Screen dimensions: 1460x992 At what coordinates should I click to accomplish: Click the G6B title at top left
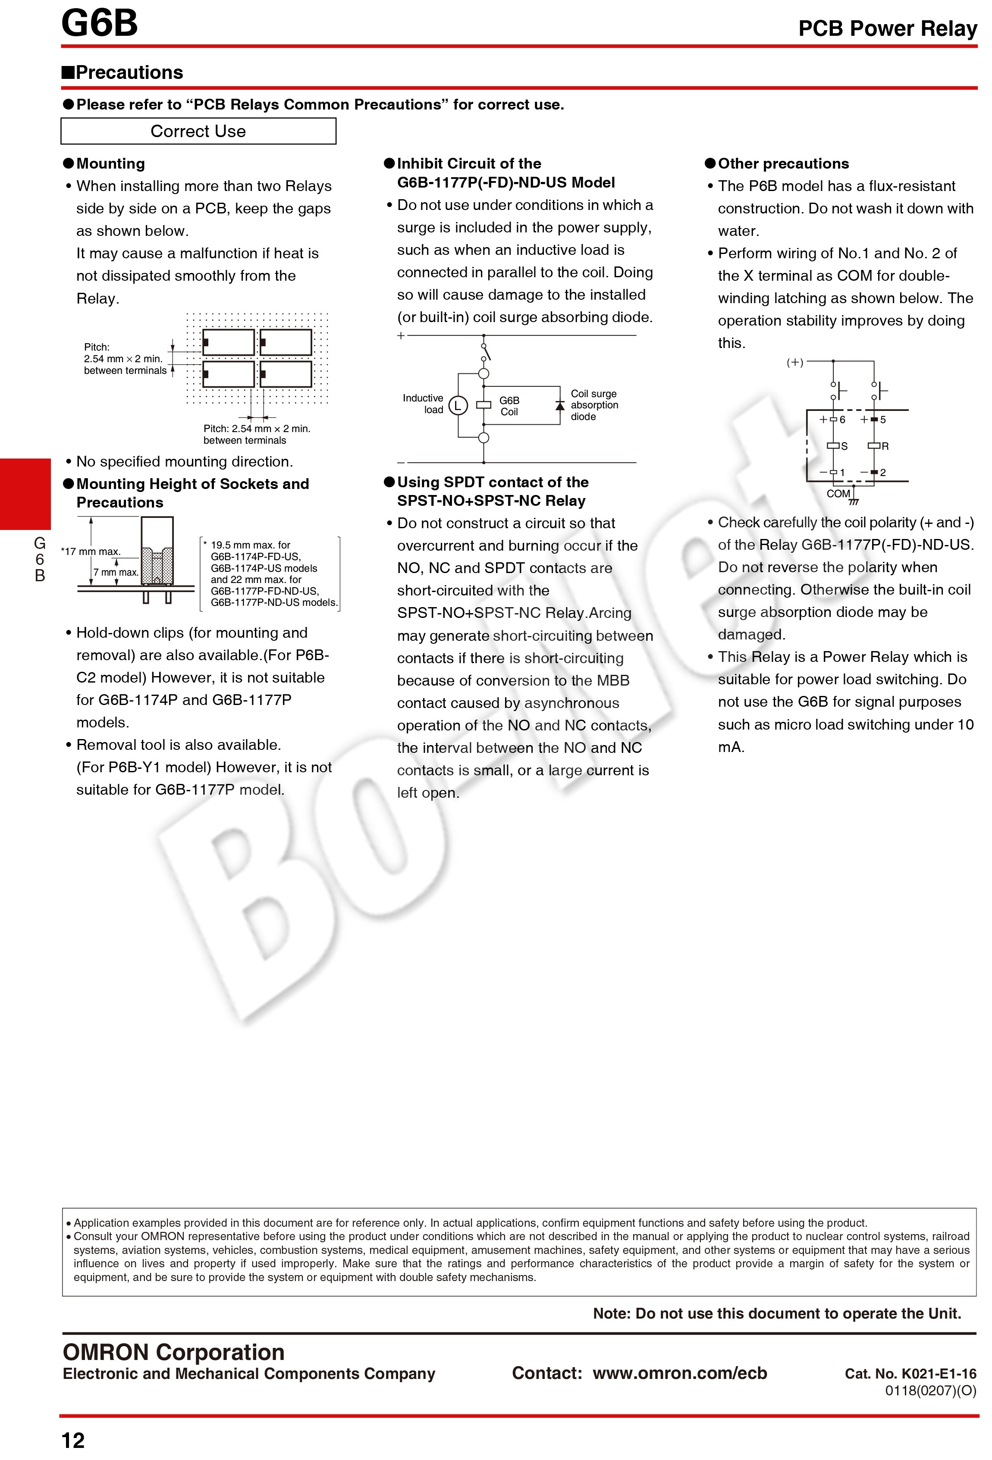point(99,23)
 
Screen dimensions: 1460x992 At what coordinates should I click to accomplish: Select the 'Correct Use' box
point(198,132)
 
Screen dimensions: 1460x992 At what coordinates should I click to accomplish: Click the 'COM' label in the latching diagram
point(838,494)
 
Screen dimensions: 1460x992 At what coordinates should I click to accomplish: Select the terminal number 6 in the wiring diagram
point(842,420)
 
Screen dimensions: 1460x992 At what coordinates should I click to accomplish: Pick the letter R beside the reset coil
point(885,446)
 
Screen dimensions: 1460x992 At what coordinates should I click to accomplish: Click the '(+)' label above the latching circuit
point(795,363)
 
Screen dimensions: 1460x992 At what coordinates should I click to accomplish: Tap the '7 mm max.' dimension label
point(116,572)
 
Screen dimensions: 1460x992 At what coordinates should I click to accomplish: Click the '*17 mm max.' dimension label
point(91,551)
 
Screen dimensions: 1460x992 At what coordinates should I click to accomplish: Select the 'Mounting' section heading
point(110,164)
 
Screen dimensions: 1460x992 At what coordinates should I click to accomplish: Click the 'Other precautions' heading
point(783,164)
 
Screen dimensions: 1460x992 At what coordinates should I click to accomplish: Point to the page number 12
point(73,1440)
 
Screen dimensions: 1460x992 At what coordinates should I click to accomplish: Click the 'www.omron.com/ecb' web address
point(680,1372)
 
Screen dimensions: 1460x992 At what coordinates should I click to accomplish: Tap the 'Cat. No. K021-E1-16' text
point(910,1374)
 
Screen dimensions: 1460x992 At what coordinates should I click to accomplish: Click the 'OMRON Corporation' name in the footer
point(173,1352)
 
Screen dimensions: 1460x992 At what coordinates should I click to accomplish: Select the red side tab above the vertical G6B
point(25,494)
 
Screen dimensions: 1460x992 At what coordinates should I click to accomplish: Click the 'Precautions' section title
point(129,73)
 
